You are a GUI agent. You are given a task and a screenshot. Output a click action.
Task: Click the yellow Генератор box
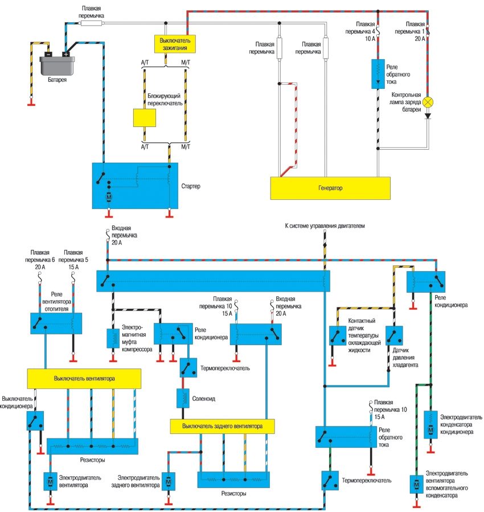pyautogui.click(x=330, y=187)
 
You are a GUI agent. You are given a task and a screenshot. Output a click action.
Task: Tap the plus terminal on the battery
pyautogui.click(x=67, y=54)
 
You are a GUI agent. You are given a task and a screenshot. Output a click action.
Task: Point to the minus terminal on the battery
pyautogui.click(x=48, y=54)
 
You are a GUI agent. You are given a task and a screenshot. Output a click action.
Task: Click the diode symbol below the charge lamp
pyautogui.click(x=428, y=116)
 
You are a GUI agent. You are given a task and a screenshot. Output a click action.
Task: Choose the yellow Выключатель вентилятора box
pyautogui.click(x=84, y=378)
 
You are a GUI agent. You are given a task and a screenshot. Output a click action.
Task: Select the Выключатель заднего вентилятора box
pyautogui.click(x=222, y=425)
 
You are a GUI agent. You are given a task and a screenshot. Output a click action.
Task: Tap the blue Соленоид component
pyautogui.click(x=184, y=398)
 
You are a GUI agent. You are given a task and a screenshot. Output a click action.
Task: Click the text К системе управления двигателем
pyautogui.click(x=324, y=226)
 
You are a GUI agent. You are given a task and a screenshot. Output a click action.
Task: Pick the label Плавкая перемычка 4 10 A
pyautogui.click(x=366, y=31)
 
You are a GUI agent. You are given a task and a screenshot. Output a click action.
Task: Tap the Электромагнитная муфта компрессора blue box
pyautogui.click(x=113, y=338)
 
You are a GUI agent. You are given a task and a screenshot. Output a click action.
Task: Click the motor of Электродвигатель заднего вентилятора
pyautogui.click(x=167, y=481)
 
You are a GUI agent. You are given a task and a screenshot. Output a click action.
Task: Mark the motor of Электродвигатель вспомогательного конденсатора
pyautogui.click(x=415, y=485)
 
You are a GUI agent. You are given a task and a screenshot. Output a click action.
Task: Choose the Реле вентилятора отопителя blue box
pyautogui.click(x=56, y=323)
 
